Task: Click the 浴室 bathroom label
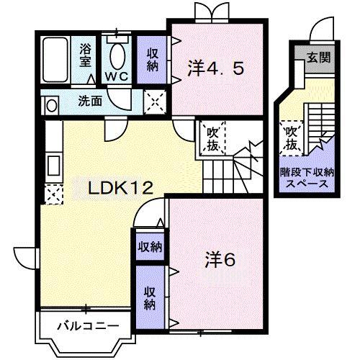coord(86,56)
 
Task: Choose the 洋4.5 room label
coord(216,68)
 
